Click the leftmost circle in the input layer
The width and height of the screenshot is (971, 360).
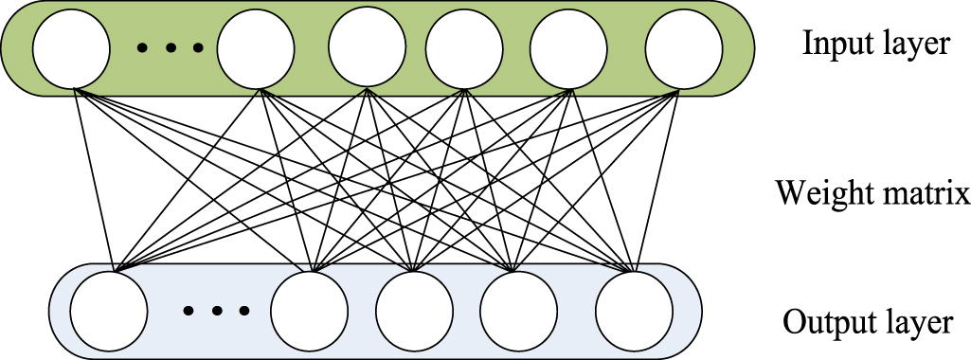pyautogui.click(x=70, y=47)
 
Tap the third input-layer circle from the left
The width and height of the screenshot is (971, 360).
pyautogui.click(x=367, y=47)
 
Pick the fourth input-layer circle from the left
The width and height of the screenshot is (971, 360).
pyautogui.click(x=464, y=47)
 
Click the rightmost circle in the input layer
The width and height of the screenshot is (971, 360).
pyautogui.click(x=683, y=47)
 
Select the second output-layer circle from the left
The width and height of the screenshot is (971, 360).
pyautogui.click(x=309, y=312)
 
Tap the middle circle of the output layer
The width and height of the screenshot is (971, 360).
pyautogui.click(x=414, y=312)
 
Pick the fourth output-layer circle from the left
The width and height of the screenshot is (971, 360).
pyautogui.click(x=518, y=312)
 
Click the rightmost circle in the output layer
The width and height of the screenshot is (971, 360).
pyautogui.click(x=634, y=312)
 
